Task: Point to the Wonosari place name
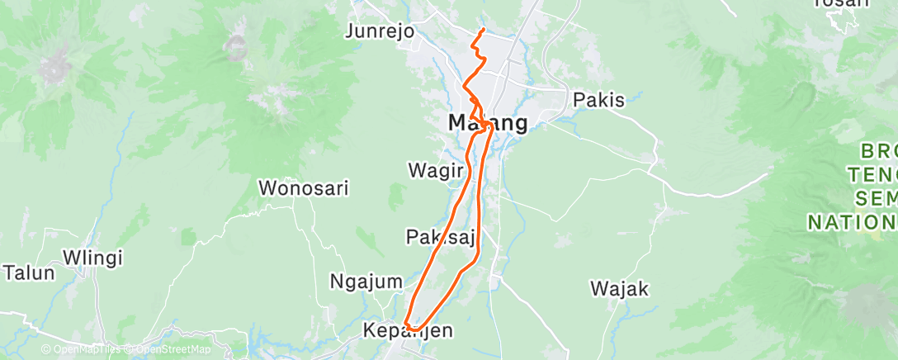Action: pyautogui.click(x=304, y=187)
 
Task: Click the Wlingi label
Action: pyautogui.click(x=92, y=257)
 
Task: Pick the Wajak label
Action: pyautogui.click(x=620, y=289)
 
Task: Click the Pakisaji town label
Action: pyautogui.click(x=441, y=238)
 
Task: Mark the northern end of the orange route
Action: pyautogui.click(x=481, y=31)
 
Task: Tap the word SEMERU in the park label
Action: pyautogui.click(x=875, y=198)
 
